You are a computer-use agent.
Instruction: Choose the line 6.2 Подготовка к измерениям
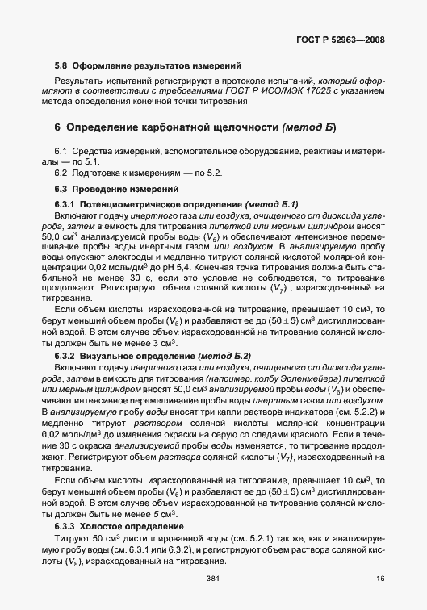tap(136, 173)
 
